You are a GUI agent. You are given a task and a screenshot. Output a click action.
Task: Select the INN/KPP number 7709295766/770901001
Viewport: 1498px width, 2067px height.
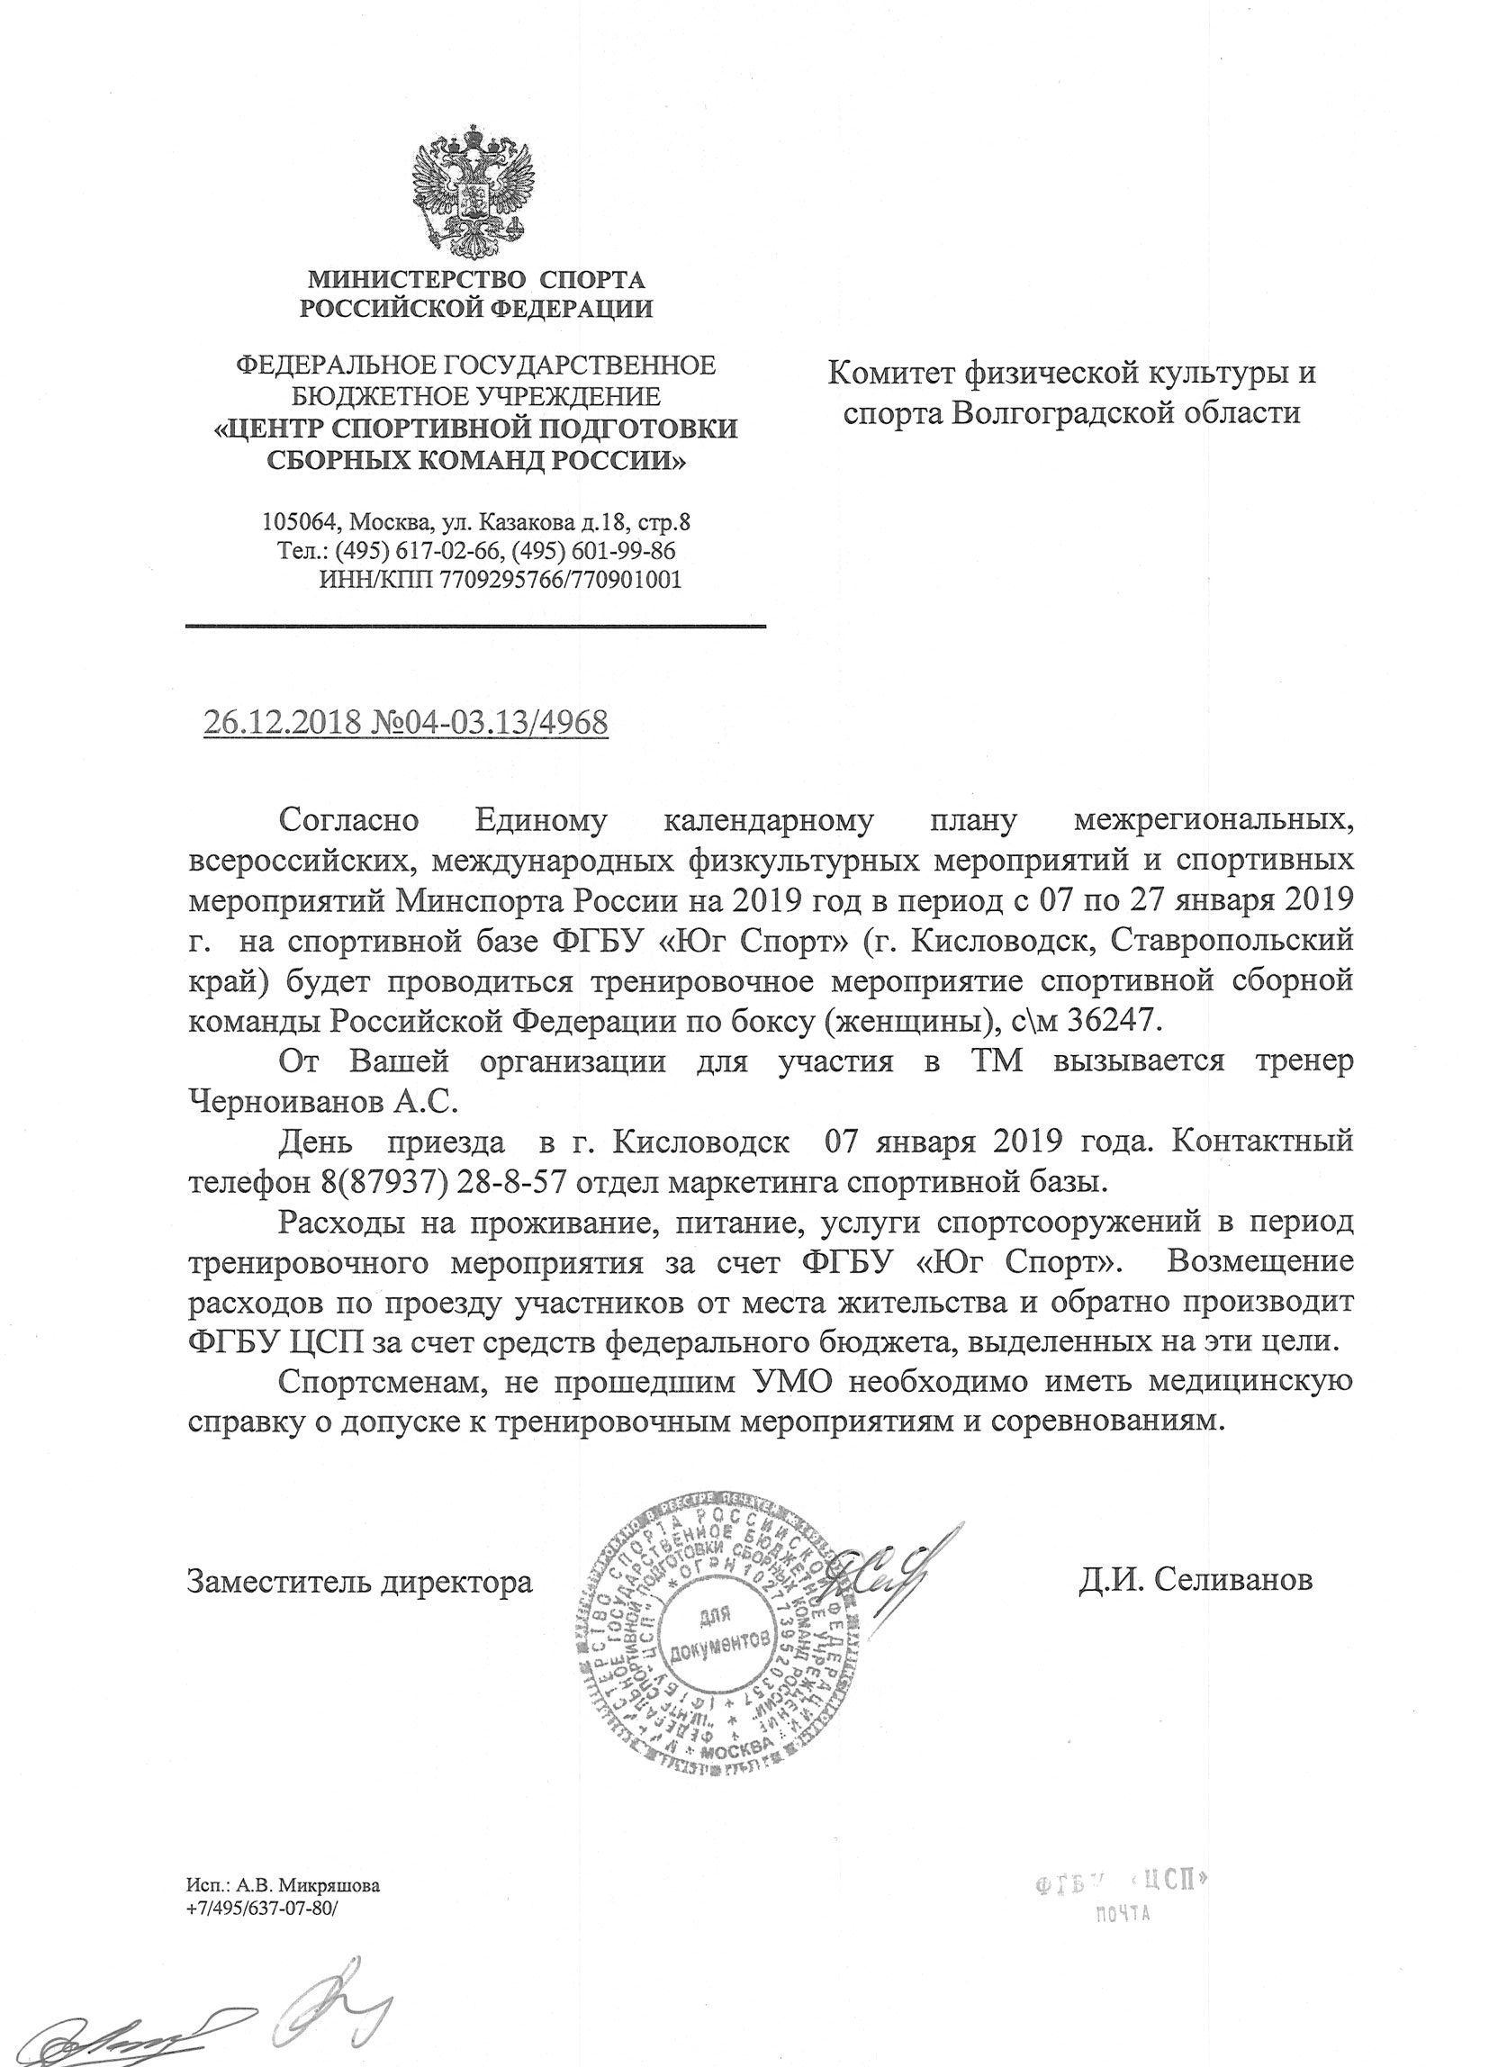pos(556,581)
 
